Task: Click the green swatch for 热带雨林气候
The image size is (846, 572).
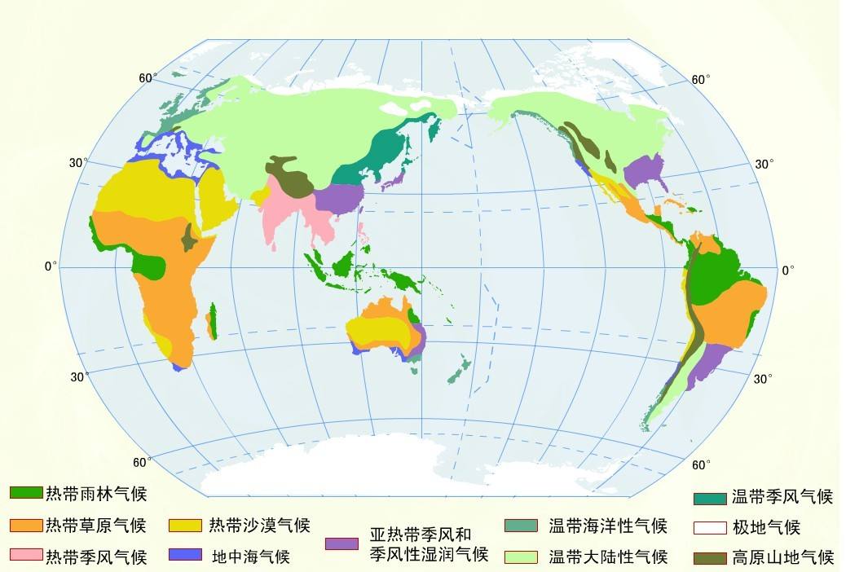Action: [x=25, y=493]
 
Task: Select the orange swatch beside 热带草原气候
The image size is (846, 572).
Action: [x=25, y=526]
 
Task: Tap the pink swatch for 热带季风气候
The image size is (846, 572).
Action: [x=25, y=556]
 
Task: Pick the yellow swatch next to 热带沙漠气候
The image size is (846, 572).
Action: [x=186, y=526]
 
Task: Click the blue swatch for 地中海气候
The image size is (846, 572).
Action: [x=186, y=556]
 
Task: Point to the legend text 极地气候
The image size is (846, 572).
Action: [x=766, y=527]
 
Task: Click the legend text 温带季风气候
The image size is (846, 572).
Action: [x=782, y=496]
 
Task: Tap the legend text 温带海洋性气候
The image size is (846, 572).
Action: [x=608, y=526]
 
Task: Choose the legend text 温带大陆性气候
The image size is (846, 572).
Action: [x=608, y=557]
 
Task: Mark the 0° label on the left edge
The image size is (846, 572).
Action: [x=51, y=266]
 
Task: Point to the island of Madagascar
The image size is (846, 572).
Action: [x=213, y=321]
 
